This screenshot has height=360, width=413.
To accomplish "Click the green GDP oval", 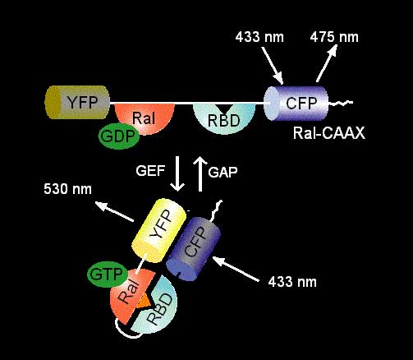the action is [119, 136].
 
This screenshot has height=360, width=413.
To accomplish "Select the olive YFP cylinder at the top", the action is [77, 102].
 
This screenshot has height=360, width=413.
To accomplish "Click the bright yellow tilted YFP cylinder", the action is [159, 230].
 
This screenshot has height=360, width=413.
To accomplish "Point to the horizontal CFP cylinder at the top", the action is [296, 104].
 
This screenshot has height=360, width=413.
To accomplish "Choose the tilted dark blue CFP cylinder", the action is [194, 249].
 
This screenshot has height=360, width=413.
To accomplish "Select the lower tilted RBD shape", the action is [157, 307].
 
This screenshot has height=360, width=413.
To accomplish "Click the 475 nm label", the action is [334, 37].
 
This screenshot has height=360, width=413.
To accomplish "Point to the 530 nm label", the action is [67, 189].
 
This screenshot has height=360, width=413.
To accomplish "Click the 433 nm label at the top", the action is [259, 37].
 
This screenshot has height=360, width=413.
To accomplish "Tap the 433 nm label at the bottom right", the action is [292, 282].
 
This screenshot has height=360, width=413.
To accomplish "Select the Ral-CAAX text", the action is [329, 133].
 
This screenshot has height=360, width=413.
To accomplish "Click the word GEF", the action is [150, 171].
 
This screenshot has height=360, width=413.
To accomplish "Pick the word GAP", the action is [223, 173].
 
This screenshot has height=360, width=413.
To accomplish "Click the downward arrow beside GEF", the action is [177, 173].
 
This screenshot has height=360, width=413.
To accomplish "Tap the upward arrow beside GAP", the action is [200, 174].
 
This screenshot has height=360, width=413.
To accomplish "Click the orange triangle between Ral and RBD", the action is [144, 302].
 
